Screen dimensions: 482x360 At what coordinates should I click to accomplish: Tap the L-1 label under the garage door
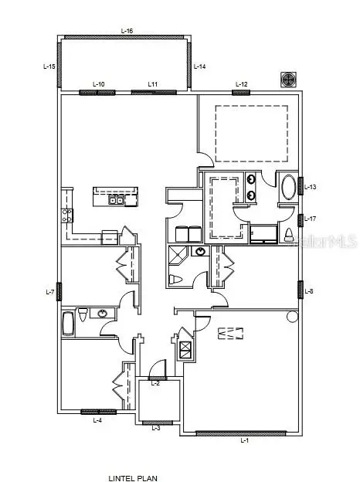(244, 441)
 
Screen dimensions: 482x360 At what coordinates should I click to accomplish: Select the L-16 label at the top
(127, 31)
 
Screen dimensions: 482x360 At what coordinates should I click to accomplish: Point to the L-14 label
(199, 67)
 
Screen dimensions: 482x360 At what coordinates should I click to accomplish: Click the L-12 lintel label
(241, 84)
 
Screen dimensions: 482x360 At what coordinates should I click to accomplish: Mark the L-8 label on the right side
(309, 291)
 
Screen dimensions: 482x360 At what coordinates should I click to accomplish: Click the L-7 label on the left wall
(51, 292)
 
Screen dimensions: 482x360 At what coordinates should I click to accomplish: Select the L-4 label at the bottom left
(97, 421)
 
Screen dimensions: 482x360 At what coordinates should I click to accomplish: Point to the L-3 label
(156, 427)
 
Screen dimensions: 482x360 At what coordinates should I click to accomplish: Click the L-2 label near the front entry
(155, 383)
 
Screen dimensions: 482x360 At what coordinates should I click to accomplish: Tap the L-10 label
(99, 84)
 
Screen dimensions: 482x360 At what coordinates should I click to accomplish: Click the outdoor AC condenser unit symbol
(288, 80)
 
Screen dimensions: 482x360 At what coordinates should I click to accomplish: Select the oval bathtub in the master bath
(288, 188)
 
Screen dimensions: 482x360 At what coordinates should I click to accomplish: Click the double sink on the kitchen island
(117, 202)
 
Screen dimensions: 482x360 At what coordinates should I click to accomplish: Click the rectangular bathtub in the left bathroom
(68, 323)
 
